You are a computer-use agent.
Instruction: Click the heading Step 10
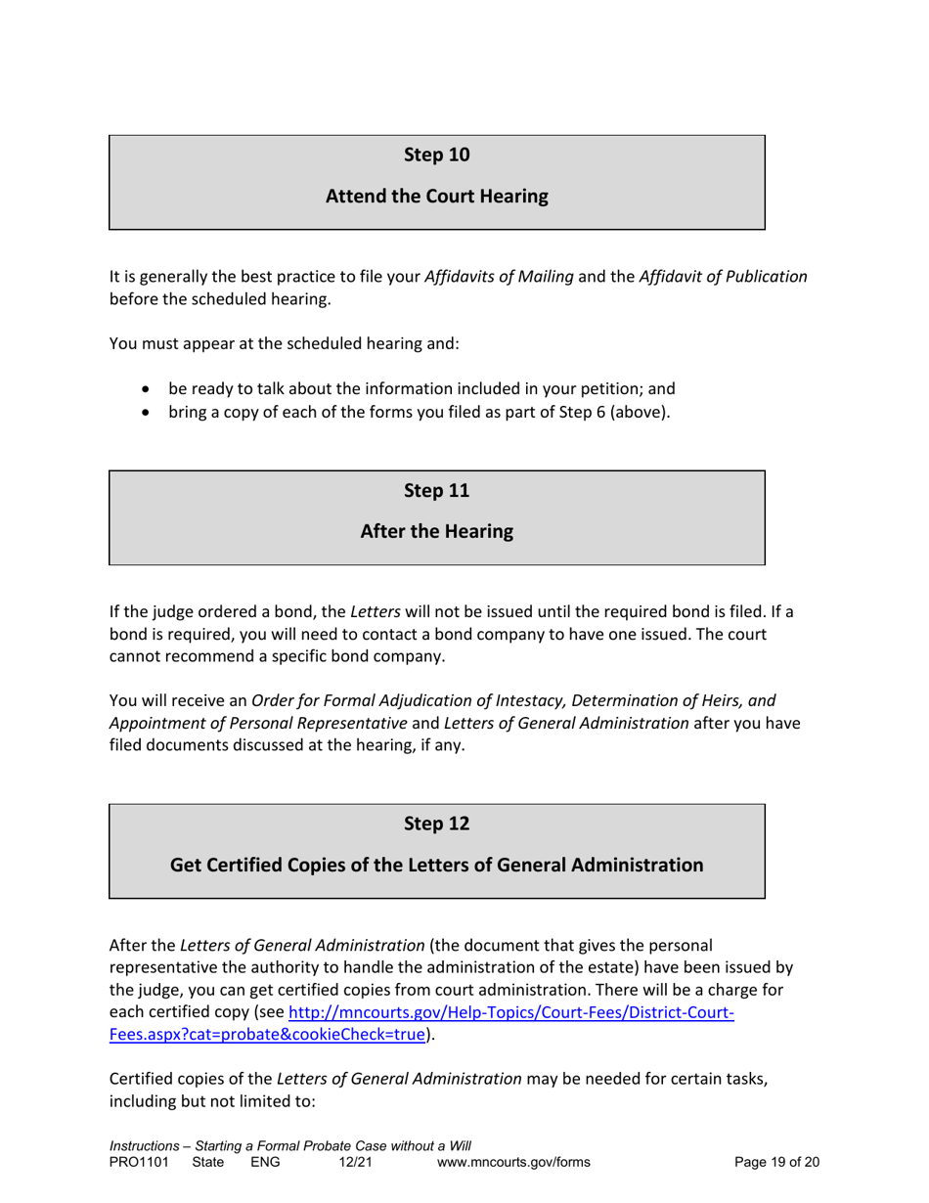pos(436,154)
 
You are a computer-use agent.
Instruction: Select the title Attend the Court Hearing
pos(436,197)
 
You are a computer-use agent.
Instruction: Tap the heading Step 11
pos(436,490)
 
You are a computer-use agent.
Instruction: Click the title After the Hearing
pos(436,532)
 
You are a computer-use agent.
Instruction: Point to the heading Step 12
pos(436,824)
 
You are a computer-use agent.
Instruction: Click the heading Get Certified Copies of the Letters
pos(436,866)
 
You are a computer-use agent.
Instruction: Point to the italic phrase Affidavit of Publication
pos(723,277)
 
